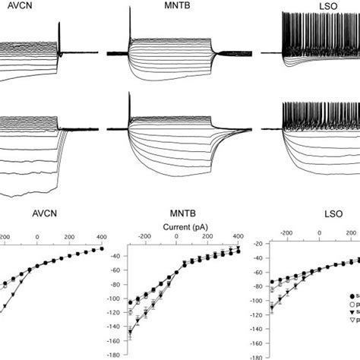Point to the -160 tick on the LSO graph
254,341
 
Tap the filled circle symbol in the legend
353,295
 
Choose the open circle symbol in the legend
353,308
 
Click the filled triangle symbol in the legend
353,321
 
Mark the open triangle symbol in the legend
353,334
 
